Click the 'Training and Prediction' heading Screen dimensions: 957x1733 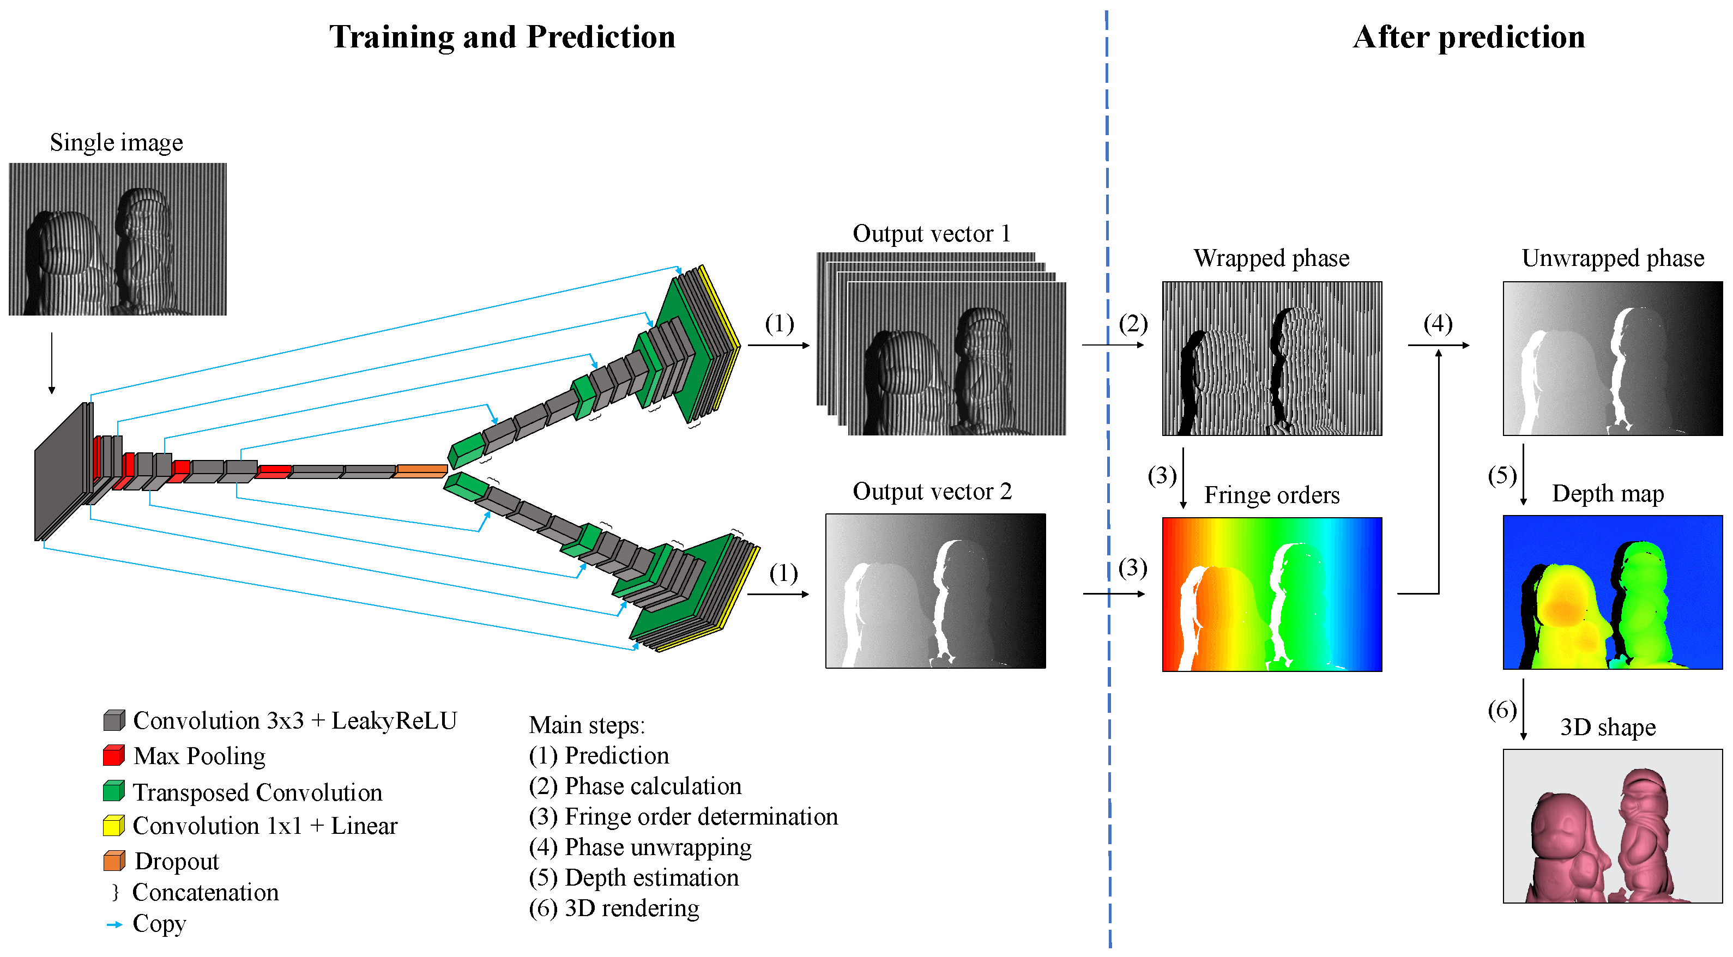click(502, 37)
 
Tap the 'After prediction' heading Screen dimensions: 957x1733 click(1469, 37)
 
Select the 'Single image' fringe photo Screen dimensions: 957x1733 click(118, 239)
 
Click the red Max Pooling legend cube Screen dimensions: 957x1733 click(114, 755)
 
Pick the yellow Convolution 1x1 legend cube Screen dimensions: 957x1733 click(114, 825)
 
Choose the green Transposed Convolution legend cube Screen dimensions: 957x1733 click(114, 791)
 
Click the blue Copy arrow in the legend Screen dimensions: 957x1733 click(114, 924)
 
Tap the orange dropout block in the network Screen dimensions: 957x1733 click(420, 471)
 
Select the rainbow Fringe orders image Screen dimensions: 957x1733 click(1271, 594)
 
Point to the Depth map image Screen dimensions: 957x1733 click(1613, 592)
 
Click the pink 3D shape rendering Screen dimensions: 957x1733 click(1613, 826)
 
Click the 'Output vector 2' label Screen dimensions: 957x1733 click(932, 492)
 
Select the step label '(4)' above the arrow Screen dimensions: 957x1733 click(1438, 324)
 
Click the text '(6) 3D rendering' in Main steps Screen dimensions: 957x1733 click(613, 908)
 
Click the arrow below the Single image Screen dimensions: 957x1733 click(52, 362)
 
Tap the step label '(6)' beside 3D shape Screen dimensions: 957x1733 click(1501, 710)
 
